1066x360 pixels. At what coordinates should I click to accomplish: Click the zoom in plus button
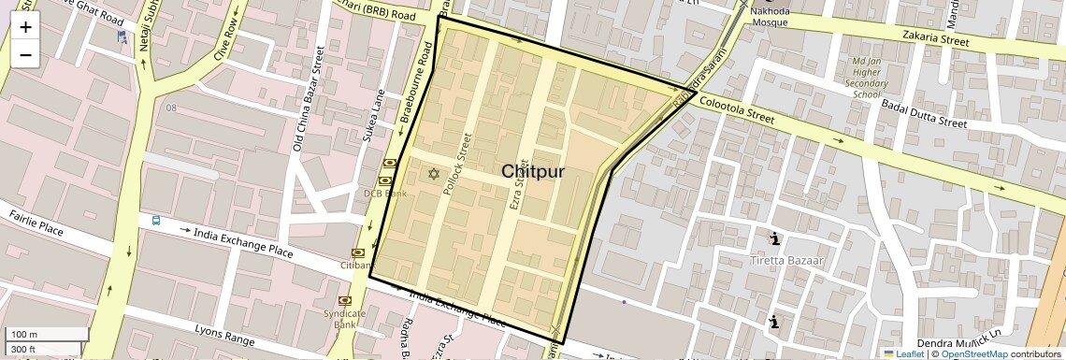tap(25, 27)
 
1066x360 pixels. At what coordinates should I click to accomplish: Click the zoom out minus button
tap(25, 55)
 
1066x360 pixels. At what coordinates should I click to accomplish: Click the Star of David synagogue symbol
tap(433, 173)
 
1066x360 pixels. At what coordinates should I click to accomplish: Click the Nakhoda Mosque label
tap(771, 16)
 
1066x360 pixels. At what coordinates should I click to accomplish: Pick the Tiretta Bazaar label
tap(786, 259)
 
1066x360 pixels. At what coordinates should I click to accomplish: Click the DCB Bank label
tap(385, 194)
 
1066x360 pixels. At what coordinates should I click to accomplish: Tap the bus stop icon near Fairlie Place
tap(156, 222)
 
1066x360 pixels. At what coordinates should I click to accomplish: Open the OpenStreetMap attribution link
tap(973, 353)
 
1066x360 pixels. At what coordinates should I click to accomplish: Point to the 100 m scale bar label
tap(24, 335)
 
